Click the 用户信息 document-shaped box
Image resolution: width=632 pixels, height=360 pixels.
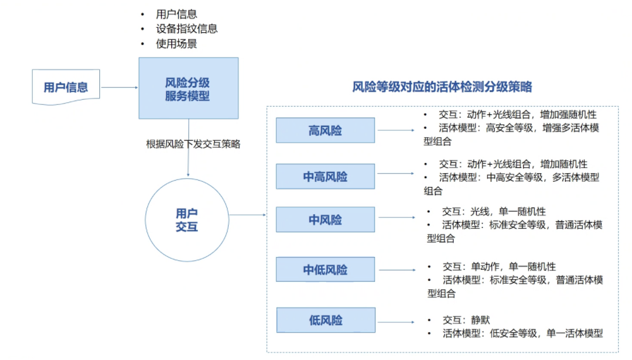click(x=66, y=87)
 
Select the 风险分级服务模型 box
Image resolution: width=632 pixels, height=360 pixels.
click(x=188, y=88)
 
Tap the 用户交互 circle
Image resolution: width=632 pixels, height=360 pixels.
click(x=187, y=219)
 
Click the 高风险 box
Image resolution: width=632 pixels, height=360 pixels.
click(x=325, y=131)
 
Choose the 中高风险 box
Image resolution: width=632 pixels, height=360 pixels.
click(x=325, y=177)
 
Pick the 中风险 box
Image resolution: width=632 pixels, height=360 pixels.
click(x=325, y=220)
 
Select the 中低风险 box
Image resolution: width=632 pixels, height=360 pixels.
click(x=325, y=270)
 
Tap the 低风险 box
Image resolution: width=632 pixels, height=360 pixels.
click(x=325, y=320)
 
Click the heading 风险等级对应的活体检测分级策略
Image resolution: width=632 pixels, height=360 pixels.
click(x=442, y=87)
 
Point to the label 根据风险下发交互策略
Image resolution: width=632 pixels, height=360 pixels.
click(x=193, y=143)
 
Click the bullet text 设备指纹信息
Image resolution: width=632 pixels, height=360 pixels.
click(x=186, y=29)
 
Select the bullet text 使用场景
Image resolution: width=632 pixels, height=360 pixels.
click(x=177, y=44)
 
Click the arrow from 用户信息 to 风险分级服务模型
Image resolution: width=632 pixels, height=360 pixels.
click(x=119, y=88)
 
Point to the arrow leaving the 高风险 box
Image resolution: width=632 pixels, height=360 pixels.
click(x=394, y=131)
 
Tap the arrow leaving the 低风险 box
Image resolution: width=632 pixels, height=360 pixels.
click(x=394, y=320)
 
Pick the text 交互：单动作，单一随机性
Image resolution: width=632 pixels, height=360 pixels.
click(x=499, y=267)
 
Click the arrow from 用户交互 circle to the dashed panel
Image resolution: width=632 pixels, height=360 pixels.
click(x=248, y=215)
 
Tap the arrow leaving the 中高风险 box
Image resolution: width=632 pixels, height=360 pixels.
click(x=394, y=177)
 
